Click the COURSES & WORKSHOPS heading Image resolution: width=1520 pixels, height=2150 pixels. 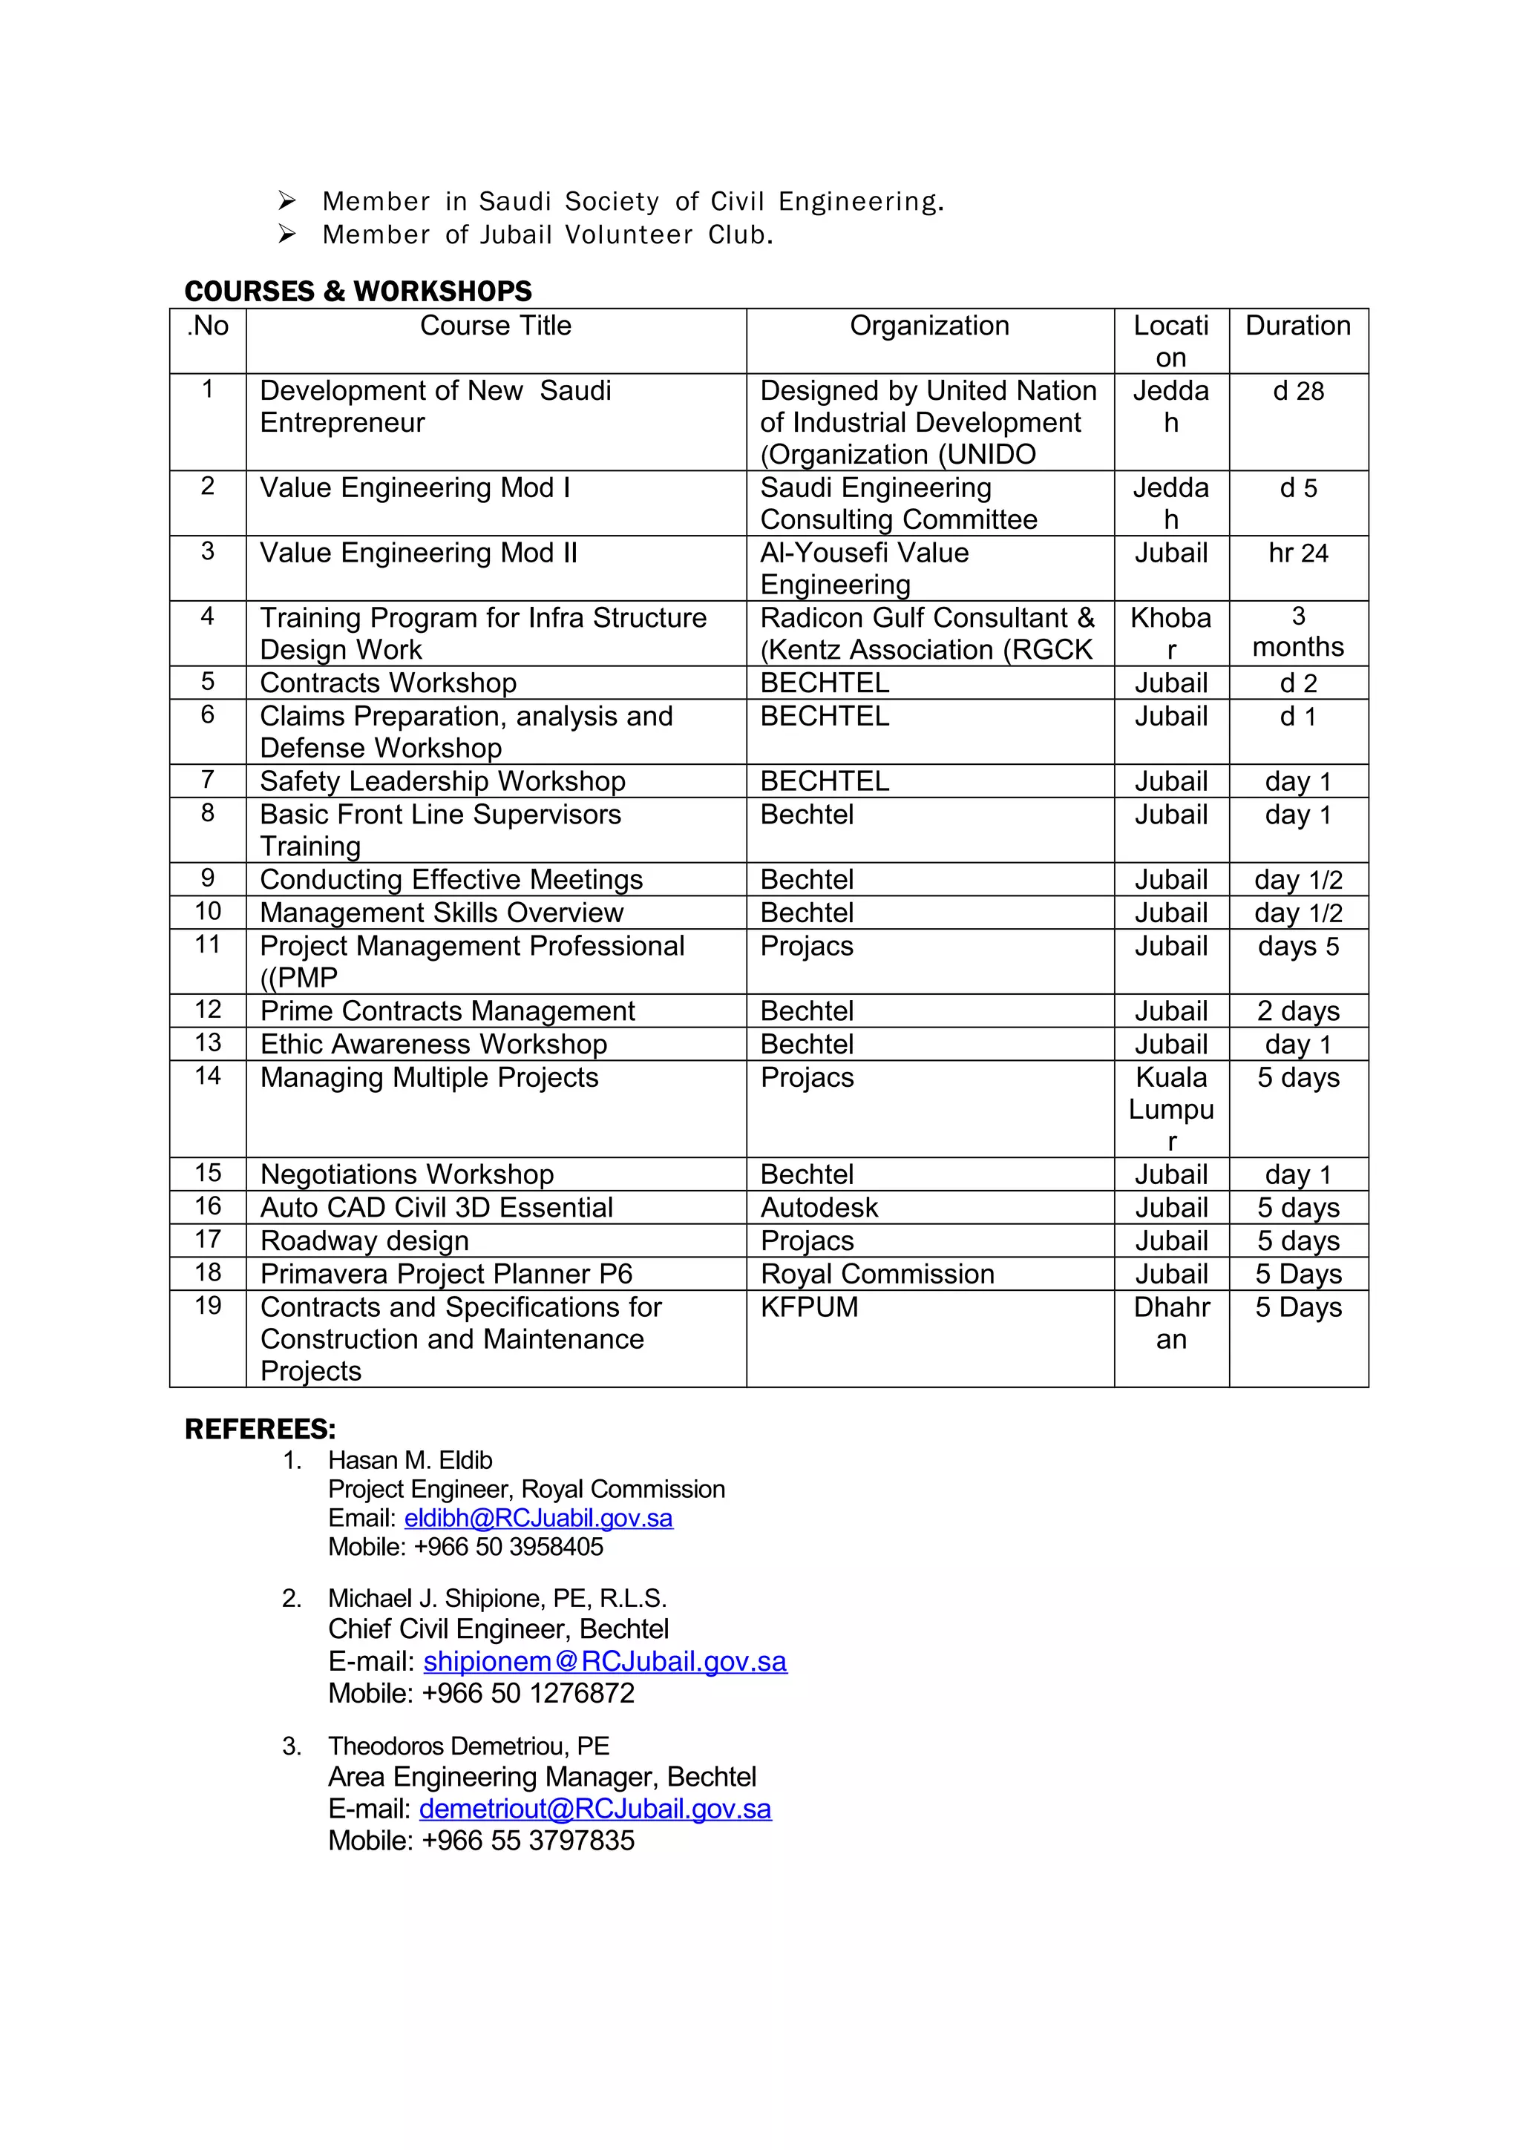pyautogui.click(x=358, y=292)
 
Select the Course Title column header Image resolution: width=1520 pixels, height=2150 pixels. pyautogui.click(x=496, y=326)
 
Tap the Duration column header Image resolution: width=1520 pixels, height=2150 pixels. pyautogui.click(x=1297, y=326)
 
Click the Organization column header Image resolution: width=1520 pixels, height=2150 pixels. pyautogui.click(x=929, y=326)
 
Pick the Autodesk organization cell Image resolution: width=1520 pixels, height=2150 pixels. pyautogui.click(x=819, y=1207)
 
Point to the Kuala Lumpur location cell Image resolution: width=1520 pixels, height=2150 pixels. pyautogui.click(x=1170, y=1108)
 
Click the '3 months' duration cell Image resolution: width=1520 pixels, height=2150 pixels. pyautogui.click(x=1297, y=632)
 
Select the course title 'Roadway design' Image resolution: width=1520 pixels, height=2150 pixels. pyautogui.click(x=364, y=1240)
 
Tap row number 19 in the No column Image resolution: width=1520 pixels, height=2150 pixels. pyautogui.click(x=208, y=1306)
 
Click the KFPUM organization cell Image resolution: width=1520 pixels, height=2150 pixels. pyautogui.click(x=809, y=1307)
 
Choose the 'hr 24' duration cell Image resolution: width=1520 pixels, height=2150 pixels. pyautogui.click(x=1297, y=553)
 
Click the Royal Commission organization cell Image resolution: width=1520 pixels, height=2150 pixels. pyautogui.click(x=877, y=1274)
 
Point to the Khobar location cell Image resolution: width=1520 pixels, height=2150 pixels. pyautogui.click(x=1170, y=633)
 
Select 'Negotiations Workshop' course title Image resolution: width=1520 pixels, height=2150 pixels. pyautogui.click(x=407, y=1174)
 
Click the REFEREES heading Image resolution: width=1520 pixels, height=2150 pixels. pyautogui.click(x=260, y=1429)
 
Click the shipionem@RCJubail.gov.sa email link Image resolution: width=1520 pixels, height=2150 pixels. pyautogui.click(x=605, y=1661)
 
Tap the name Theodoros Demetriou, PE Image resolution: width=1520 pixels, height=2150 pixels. pyautogui.click(x=468, y=1746)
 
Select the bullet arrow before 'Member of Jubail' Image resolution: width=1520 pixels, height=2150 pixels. pyautogui.click(x=286, y=234)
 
